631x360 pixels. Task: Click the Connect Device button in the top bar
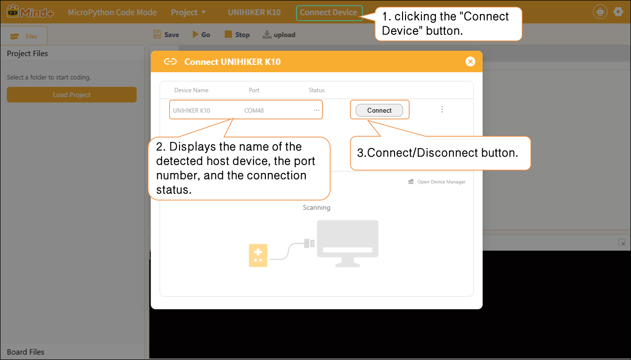[x=329, y=12]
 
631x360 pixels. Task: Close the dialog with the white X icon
[x=470, y=61]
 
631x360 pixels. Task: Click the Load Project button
[x=71, y=95]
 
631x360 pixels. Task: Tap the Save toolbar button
[x=166, y=34]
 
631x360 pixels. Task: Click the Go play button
[x=201, y=34]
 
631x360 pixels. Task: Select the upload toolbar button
[x=279, y=34]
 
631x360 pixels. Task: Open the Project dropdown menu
[x=188, y=12]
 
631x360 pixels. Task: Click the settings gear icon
[x=618, y=12]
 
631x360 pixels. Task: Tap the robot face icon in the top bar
[x=600, y=12]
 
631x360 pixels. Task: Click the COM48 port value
[x=254, y=110]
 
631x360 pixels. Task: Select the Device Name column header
[x=191, y=90]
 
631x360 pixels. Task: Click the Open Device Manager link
[x=437, y=181]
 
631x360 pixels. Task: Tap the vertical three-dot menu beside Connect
[x=442, y=109]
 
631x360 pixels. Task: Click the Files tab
[x=23, y=36]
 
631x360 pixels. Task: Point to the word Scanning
[x=316, y=207]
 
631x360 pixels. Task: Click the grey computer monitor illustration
[x=347, y=243]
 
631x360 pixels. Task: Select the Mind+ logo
[x=30, y=12]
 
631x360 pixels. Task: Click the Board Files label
[x=25, y=352]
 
